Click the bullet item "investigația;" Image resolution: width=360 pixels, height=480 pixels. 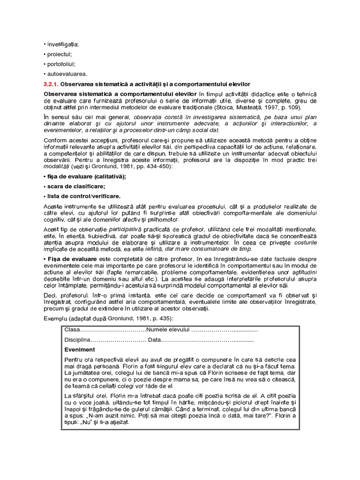(62, 44)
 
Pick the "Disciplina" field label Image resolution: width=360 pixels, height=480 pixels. (76, 340)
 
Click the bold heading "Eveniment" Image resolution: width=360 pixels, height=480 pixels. (79, 350)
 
